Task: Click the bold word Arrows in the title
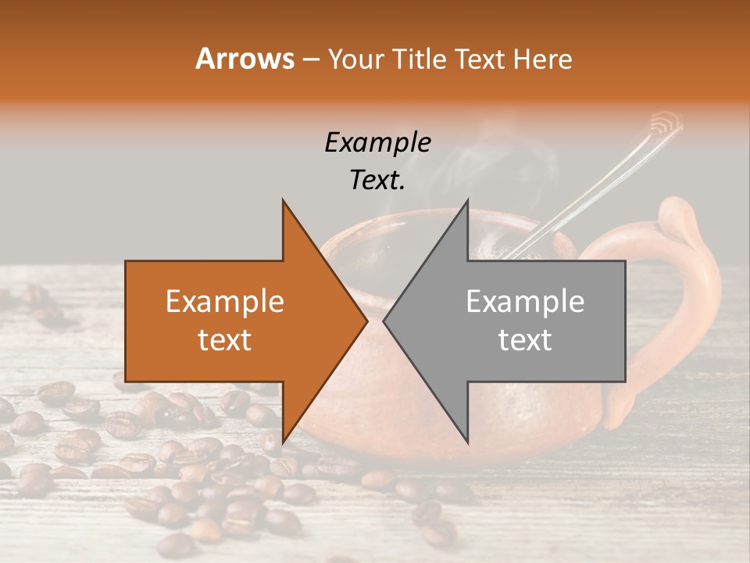pos(245,59)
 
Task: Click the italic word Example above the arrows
pos(377,142)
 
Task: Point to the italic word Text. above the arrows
pos(377,180)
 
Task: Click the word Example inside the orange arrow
pos(225,302)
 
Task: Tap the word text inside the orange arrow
pos(225,340)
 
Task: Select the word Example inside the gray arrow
pos(525,302)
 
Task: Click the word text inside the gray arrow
pos(525,340)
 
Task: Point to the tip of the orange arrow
pos(367,321)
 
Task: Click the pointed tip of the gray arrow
pos(384,321)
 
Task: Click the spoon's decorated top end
pos(666,123)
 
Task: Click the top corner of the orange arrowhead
pos(283,200)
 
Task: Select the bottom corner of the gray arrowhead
pos(467,443)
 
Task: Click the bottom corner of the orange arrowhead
pos(283,443)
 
